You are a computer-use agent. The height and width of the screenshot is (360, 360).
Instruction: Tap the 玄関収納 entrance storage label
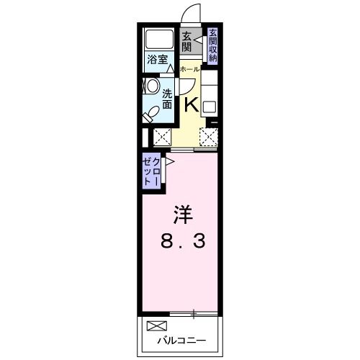(x=213, y=45)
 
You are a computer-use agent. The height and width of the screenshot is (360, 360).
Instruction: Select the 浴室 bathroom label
(x=157, y=60)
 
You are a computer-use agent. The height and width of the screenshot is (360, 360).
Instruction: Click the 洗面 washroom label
(x=167, y=99)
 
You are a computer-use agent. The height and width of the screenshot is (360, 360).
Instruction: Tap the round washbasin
(x=151, y=86)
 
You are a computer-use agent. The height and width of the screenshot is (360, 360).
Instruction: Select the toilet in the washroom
(x=152, y=112)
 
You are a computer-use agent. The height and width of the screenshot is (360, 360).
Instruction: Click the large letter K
(x=191, y=104)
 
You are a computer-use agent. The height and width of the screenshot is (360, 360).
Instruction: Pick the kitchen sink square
(x=209, y=106)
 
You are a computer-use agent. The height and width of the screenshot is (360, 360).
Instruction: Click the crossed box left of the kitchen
(x=162, y=135)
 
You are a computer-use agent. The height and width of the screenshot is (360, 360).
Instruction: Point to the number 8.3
(x=182, y=242)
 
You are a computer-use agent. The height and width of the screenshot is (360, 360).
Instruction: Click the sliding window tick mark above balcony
(x=194, y=313)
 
